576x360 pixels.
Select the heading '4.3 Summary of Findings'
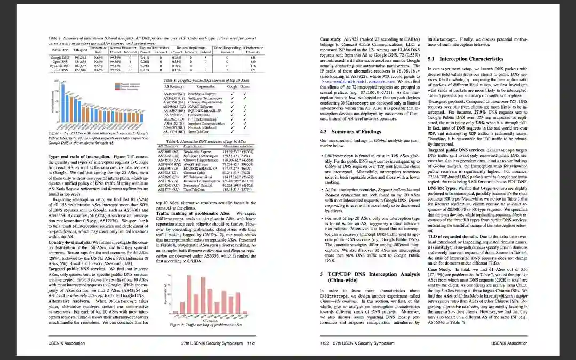coord(349,131)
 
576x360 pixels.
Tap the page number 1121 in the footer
coord(252,343)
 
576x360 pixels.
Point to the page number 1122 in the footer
coord(325,343)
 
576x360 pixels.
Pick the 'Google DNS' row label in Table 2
coord(60,58)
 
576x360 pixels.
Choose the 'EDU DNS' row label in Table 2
coord(60,69)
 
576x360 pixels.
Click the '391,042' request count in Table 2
coord(79,58)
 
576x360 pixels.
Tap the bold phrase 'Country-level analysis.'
coord(68,242)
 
